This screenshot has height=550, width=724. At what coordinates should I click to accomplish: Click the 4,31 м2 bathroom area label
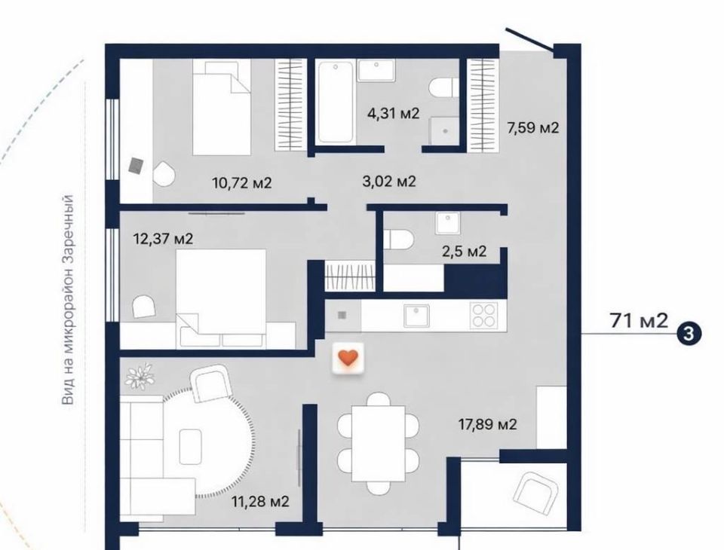point(393,113)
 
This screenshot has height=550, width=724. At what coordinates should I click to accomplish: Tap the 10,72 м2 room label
point(242,183)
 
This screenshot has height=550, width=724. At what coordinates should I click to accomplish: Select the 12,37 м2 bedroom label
point(163,239)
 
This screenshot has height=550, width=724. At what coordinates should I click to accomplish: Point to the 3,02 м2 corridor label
point(389,182)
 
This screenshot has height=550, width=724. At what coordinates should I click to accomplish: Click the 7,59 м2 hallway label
point(533,127)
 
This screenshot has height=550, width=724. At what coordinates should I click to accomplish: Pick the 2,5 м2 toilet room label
point(464,252)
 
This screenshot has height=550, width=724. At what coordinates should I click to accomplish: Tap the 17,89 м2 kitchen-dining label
point(487,424)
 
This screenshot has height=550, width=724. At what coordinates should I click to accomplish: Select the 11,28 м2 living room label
point(260,501)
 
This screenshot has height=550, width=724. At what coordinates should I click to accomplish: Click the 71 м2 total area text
point(639,320)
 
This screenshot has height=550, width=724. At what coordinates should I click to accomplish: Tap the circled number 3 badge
point(689,333)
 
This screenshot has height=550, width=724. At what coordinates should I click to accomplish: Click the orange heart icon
point(348,358)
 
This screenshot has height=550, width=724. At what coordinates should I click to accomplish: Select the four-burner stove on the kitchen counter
point(484,315)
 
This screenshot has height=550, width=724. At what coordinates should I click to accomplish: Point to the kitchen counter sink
point(416,316)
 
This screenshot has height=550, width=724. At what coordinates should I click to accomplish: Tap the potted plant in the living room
point(139,376)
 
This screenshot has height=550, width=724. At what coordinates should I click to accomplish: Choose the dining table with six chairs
point(378,444)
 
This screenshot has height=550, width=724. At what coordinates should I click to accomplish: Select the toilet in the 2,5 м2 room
point(398,240)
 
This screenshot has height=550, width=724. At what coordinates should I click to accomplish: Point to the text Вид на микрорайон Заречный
point(68,300)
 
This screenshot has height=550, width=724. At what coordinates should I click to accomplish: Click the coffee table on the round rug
point(190,446)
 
